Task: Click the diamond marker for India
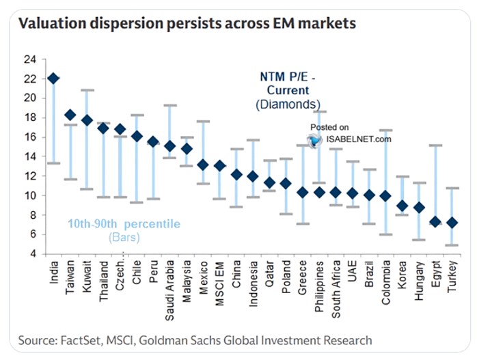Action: click(53, 79)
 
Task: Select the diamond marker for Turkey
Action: click(452, 223)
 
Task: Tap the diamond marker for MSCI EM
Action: click(219, 166)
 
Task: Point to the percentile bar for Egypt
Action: click(435, 184)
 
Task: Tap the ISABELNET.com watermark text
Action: click(360, 139)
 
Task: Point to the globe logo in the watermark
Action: click(315, 139)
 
